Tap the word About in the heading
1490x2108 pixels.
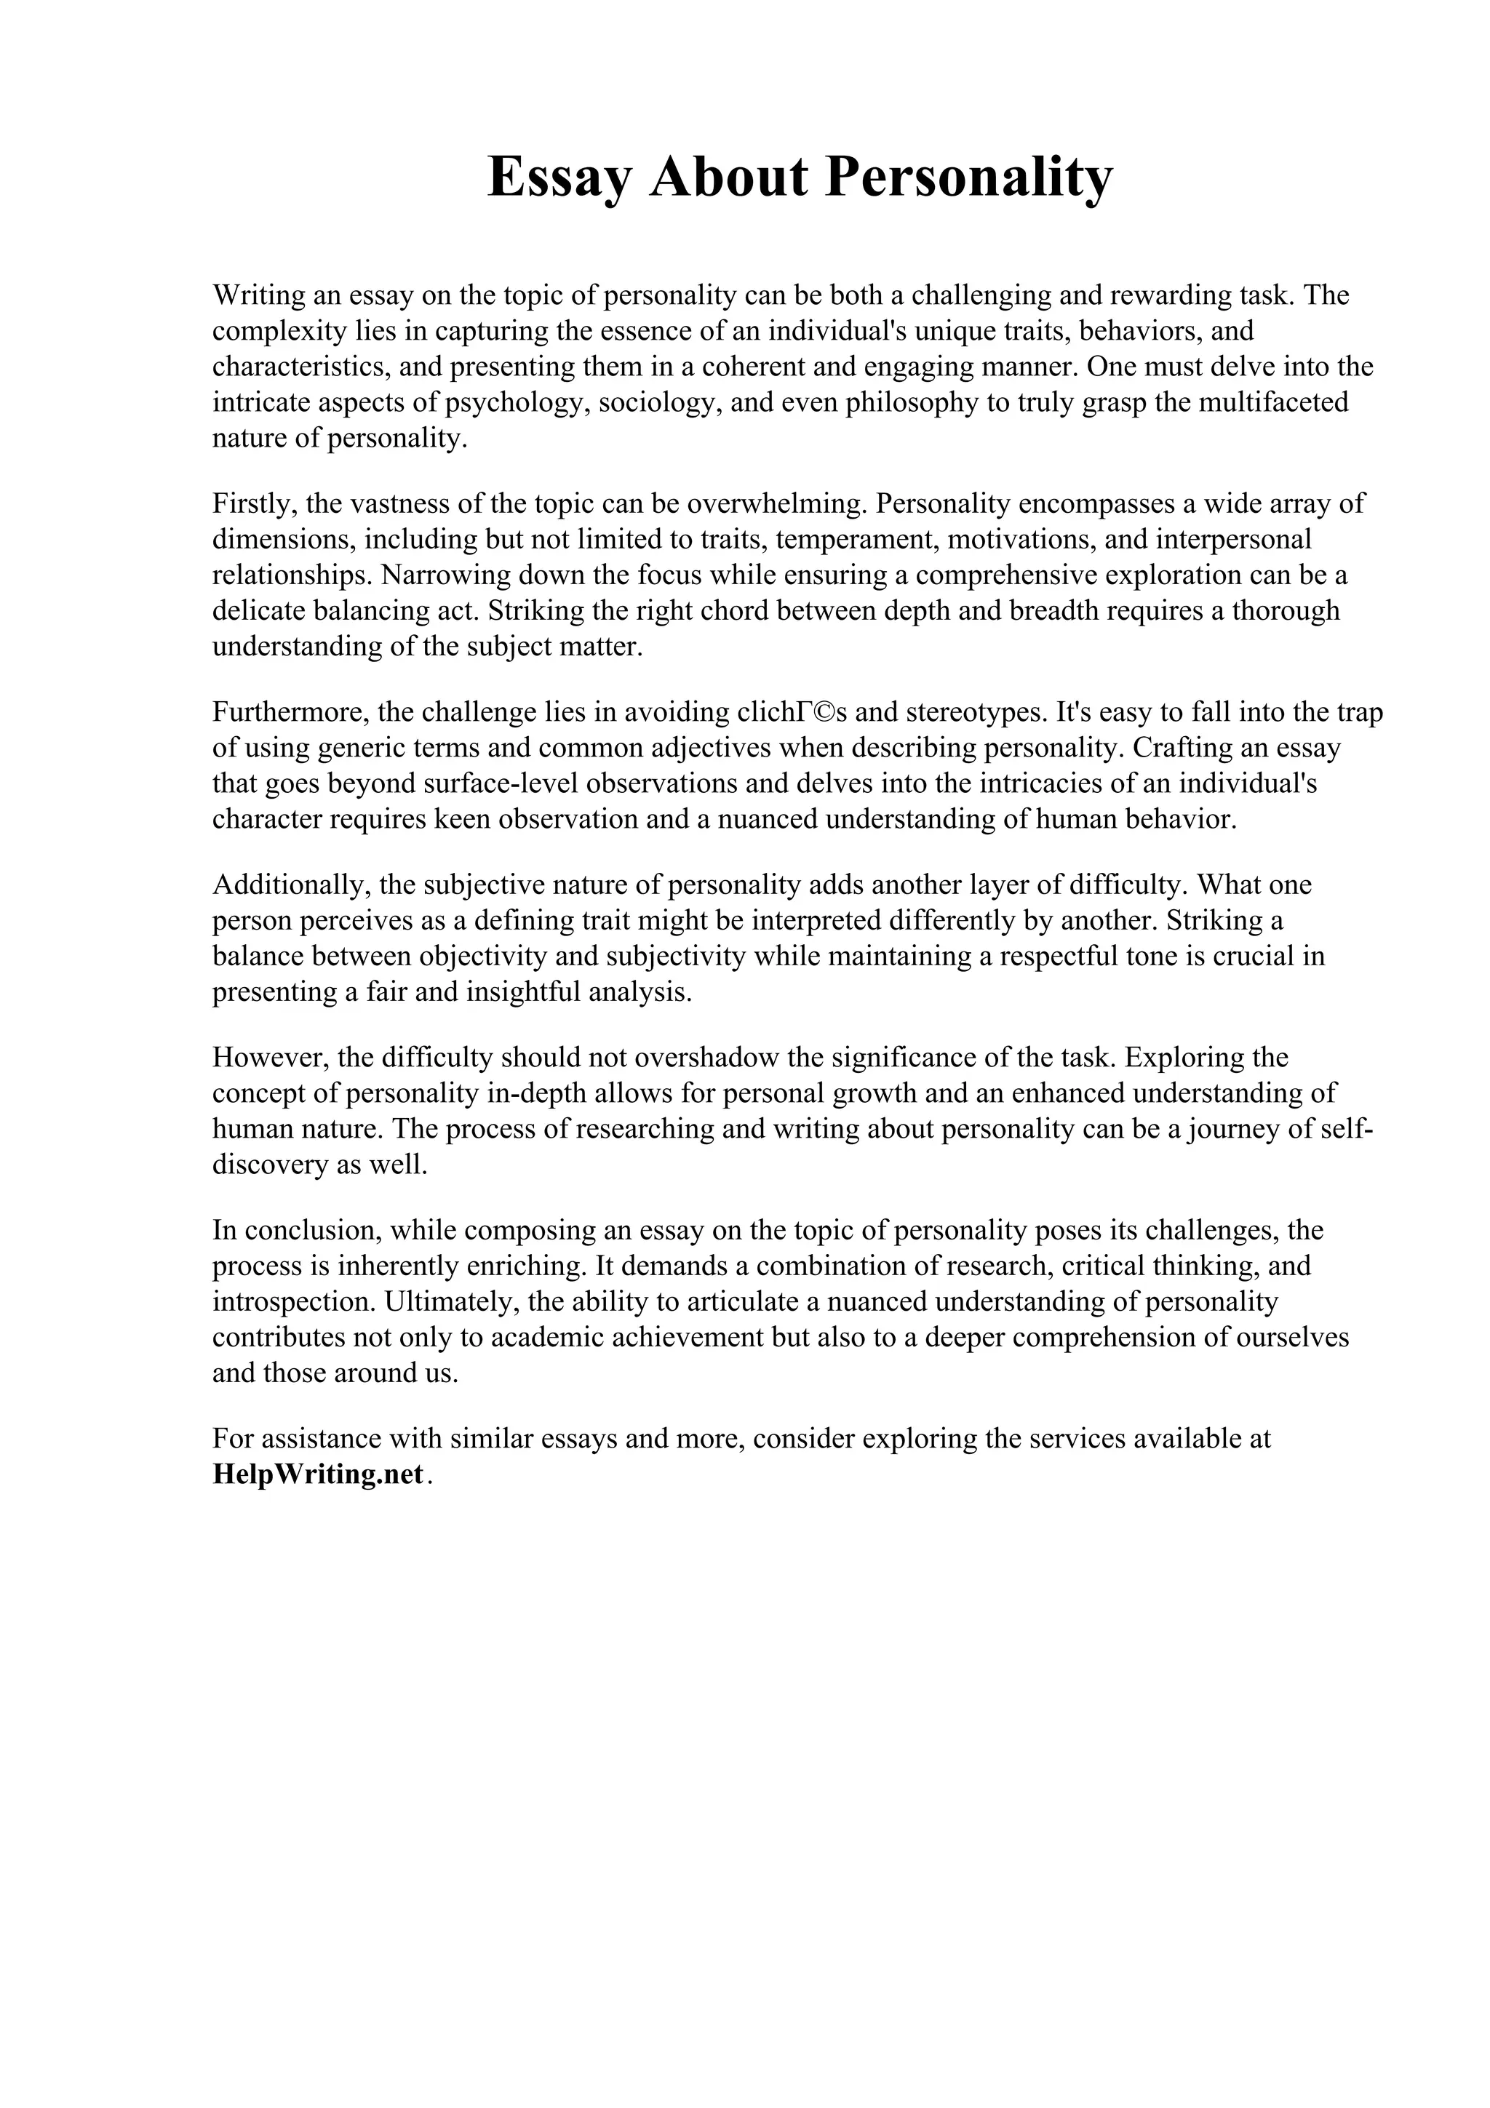(x=729, y=177)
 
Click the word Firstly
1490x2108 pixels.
(x=252, y=503)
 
